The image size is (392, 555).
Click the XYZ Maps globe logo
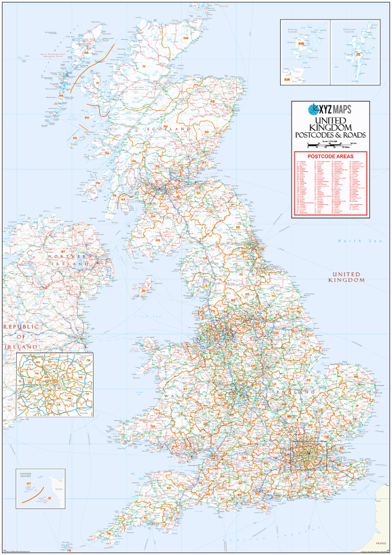click(x=314, y=109)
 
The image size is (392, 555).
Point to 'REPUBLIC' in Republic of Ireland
click(x=21, y=326)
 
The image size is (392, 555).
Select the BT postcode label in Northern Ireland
click(x=63, y=252)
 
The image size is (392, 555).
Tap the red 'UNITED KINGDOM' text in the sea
click(x=347, y=276)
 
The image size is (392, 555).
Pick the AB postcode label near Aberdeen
click(x=212, y=101)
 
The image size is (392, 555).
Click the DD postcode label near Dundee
click(x=206, y=132)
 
